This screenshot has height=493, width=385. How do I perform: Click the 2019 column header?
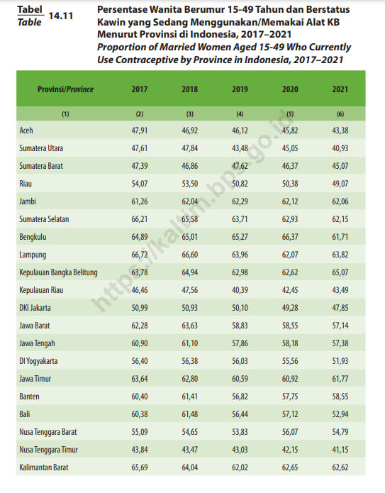coord(240,89)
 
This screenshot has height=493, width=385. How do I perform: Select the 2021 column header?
coord(340,89)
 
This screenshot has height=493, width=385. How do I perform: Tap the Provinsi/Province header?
coord(65,89)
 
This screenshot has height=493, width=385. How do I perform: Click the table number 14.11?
coord(61,16)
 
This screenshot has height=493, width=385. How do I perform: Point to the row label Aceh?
coord(26,131)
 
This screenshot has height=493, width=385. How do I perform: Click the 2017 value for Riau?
coord(140,184)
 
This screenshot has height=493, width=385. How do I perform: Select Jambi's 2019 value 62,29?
coord(240,201)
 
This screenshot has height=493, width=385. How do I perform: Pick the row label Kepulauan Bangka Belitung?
coord(58,272)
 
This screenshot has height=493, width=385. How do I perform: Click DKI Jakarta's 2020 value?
coord(290,308)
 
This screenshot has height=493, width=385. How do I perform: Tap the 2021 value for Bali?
coord(340,414)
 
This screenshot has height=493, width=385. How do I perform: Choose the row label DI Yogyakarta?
coord(38,361)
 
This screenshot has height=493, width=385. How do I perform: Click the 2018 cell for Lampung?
coord(190,255)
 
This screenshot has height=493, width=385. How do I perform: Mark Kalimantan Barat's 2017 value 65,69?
coord(140,467)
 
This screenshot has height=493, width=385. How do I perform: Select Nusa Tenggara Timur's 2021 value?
coord(340,450)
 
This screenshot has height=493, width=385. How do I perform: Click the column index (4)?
coord(240,114)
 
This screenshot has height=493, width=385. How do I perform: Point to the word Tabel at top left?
coord(30,10)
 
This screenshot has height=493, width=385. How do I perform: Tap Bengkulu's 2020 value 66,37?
coord(290,237)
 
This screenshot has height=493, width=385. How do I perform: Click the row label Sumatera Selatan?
coord(44,219)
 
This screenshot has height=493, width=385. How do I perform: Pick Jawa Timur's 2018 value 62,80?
coord(190,379)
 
